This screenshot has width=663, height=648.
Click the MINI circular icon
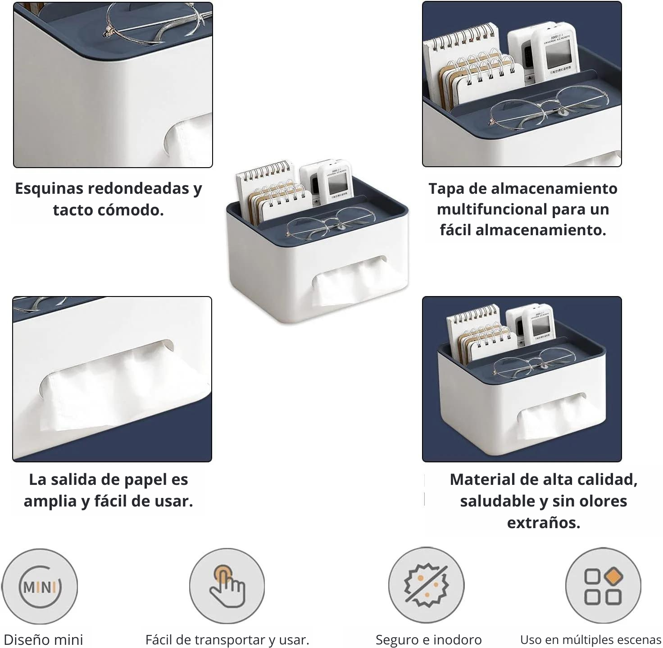[40, 587]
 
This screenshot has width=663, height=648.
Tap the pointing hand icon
[227, 586]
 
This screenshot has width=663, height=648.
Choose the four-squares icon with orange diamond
[604, 586]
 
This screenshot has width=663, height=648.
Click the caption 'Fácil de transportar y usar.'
[227, 640]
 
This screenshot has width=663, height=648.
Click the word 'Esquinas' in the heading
[49, 188]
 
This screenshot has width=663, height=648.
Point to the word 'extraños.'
[544, 523]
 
